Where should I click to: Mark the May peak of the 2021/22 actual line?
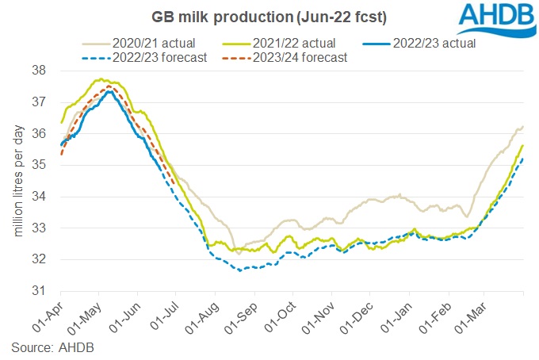(101, 79)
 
